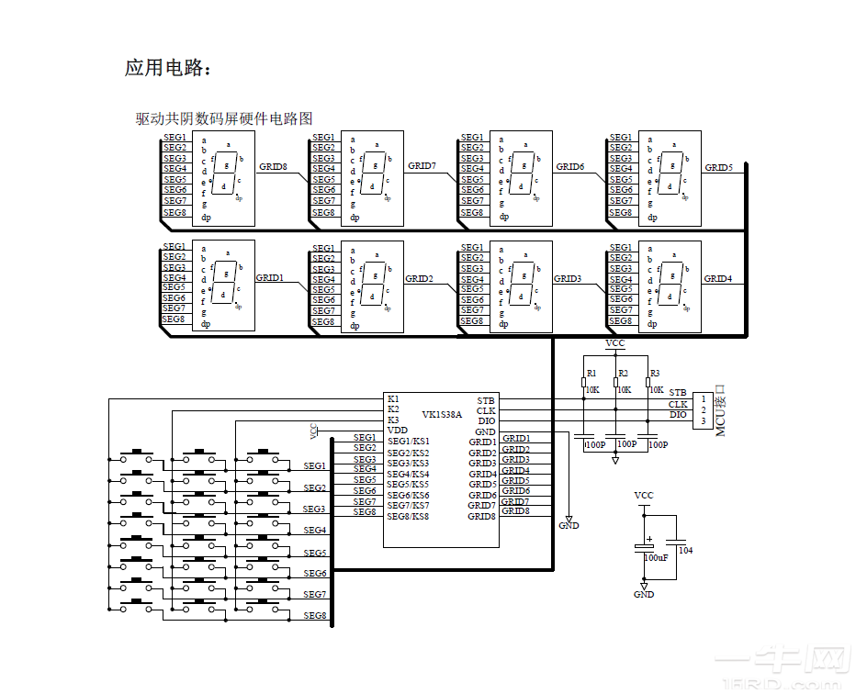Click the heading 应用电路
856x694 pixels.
168,68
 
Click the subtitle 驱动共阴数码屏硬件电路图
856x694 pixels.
224,118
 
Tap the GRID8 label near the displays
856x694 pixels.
273,167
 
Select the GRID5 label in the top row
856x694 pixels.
718,167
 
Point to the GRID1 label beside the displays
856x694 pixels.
269,277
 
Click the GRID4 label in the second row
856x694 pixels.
718,278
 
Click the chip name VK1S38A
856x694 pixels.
442,414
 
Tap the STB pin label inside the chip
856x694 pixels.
486,400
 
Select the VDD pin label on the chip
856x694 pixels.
397,430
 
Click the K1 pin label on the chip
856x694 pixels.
393,399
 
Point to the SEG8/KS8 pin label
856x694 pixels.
408,517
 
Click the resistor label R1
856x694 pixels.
591,374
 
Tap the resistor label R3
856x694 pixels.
654,374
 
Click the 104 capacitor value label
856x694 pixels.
685,550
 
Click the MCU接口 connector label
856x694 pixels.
720,410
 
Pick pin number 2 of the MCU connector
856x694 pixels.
703,409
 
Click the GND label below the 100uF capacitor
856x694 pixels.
644,594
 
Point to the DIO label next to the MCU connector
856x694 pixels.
678,415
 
